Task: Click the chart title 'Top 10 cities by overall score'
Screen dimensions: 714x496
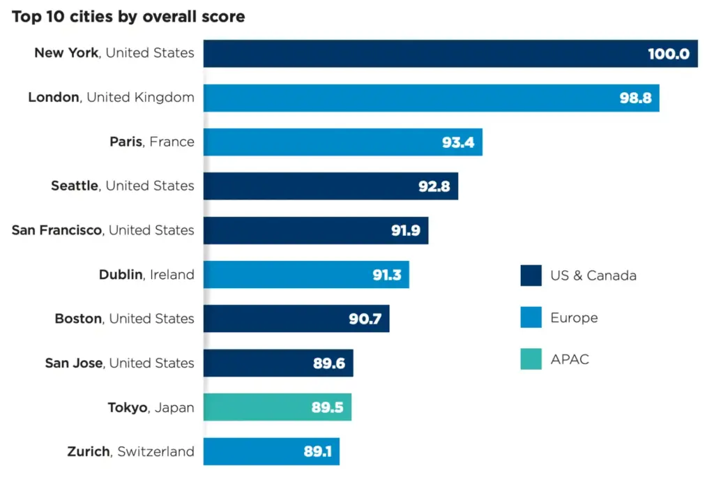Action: coord(128,17)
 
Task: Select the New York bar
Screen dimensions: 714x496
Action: coord(450,54)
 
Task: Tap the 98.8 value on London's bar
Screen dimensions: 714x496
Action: coord(636,98)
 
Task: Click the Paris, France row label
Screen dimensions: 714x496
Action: coord(152,142)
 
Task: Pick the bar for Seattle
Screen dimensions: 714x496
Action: coord(331,186)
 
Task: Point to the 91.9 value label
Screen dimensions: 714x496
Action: coord(406,230)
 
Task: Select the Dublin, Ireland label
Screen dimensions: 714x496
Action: coord(146,275)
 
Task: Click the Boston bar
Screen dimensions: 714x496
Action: coord(296,319)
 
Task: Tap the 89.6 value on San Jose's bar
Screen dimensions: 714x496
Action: coord(329,363)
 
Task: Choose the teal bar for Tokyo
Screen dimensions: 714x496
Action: coord(278,407)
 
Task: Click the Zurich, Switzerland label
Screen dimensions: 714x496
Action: coord(130,451)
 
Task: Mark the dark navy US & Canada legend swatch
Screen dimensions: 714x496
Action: coord(531,276)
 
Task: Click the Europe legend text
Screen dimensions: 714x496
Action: coord(574,317)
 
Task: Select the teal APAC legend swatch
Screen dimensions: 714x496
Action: coord(531,359)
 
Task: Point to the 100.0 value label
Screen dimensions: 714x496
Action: coord(669,54)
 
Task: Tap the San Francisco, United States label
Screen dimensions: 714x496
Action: coord(103,230)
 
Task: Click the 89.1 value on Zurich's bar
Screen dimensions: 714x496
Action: coord(317,451)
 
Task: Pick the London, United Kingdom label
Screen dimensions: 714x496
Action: coord(111,97)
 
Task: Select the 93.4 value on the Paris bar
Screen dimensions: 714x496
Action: coord(458,142)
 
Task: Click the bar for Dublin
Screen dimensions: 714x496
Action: coord(306,275)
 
